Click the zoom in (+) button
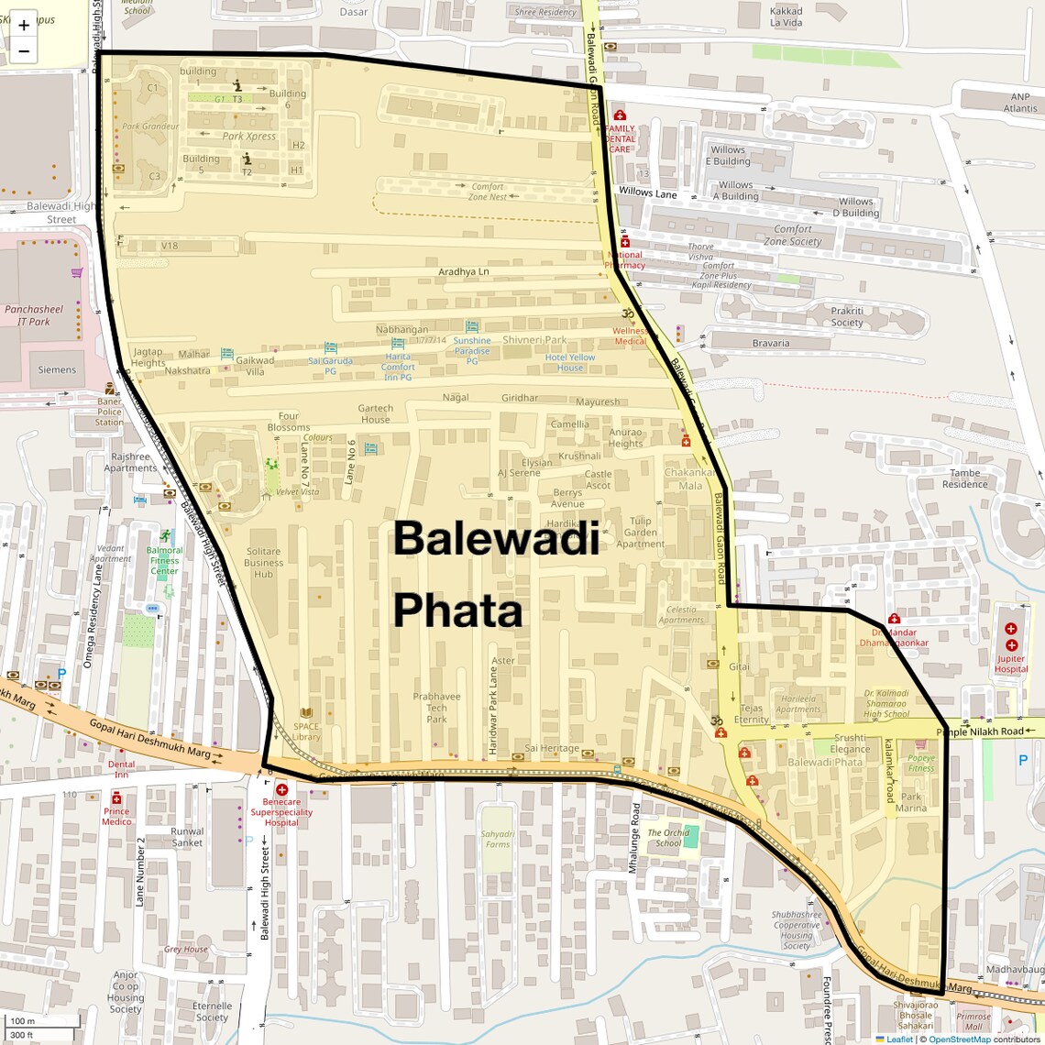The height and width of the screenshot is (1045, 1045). [x=24, y=26]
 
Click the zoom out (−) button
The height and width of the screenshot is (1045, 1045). [x=24, y=51]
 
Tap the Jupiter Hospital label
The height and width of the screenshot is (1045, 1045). [x=1011, y=664]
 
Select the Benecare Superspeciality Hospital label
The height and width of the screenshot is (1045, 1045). [x=281, y=812]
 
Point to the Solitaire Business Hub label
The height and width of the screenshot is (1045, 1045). [x=264, y=563]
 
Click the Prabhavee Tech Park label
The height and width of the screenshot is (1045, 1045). [x=436, y=708]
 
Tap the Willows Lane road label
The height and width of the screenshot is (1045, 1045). [x=647, y=192]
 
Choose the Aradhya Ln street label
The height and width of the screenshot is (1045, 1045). [x=463, y=271]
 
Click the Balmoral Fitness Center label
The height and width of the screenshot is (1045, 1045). [x=165, y=561]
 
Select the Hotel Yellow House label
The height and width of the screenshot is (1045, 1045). [x=570, y=363]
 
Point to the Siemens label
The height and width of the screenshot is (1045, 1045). [x=57, y=370]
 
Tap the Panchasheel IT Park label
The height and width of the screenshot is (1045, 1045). [x=34, y=315]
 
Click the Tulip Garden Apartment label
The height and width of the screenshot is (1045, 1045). [x=640, y=533]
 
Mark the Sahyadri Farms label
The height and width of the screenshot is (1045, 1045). [x=498, y=839]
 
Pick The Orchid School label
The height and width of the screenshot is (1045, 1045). [x=668, y=838]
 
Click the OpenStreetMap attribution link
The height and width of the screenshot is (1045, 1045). [x=959, y=1039]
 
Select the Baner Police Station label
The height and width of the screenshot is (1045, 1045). [x=109, y=412]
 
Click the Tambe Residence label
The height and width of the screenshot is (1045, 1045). [x=964, y=478]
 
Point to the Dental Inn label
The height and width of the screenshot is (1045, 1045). [x=121, y=769]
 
